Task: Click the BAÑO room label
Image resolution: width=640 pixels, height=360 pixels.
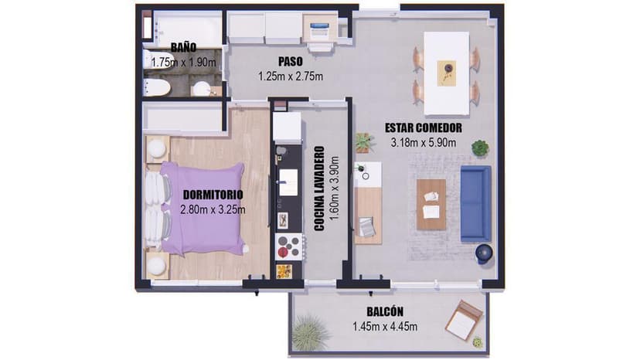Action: (x=183, y=47)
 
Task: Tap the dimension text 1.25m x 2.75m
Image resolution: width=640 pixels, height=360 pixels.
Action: (x=291, y=76)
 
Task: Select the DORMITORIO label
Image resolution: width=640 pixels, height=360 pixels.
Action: (x=213, y=195)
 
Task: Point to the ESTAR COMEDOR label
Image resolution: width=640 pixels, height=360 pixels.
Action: (x=424, y=127)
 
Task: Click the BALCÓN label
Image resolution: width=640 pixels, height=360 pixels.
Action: (x=385, y=312)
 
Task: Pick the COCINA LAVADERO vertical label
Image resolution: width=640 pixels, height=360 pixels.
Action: (x=319, y=188)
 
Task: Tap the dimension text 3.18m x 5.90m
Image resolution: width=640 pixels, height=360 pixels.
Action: (x=424, y=142)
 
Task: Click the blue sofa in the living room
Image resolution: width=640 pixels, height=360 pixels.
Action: (x=475, y=204)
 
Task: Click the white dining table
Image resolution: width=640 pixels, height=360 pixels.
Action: (x=446, y=73)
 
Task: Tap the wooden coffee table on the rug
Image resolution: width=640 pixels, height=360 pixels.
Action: (x=431, y=205)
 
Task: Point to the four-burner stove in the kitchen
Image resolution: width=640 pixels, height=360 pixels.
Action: (x=289, y=246)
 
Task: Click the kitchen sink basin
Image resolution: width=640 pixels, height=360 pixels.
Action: (x=288, y=182)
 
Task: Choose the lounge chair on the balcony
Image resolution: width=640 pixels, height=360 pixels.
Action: (x=464, y=321)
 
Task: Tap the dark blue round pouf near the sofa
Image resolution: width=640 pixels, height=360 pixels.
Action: (x=484, y=253)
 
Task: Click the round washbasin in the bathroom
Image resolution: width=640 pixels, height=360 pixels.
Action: (x=201, y=89)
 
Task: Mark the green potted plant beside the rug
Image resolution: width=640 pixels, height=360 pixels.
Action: (x=480, y=148)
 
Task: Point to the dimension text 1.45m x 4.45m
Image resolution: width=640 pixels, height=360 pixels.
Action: (x=385, y=327)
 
